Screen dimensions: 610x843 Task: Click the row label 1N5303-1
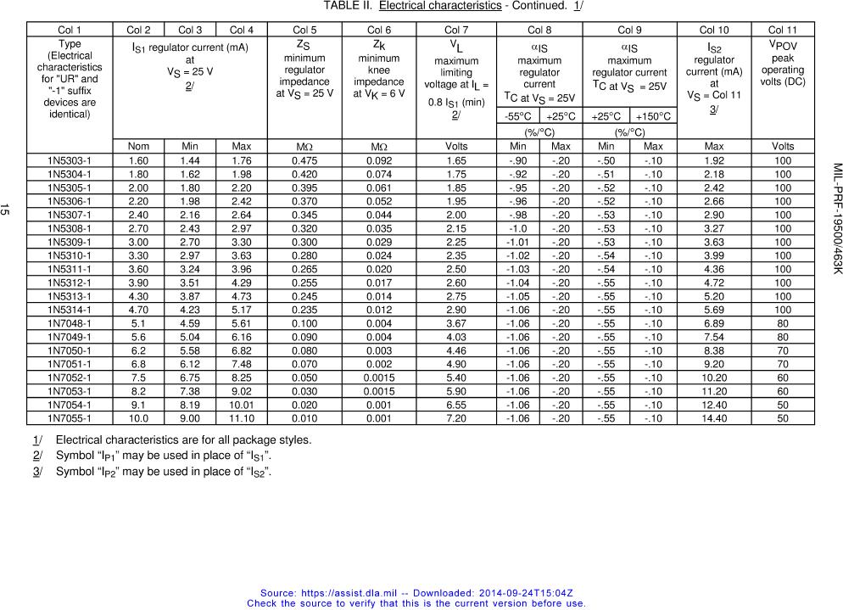tap(70, 160)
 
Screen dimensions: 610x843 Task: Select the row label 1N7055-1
tap(70, 418)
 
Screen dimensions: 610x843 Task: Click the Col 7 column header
tap(456, 30)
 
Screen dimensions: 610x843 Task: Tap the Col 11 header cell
tap(782, 30)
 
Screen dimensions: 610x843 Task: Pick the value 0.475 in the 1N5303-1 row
tap(304, 160)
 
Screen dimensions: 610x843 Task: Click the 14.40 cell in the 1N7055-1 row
tap(713, 418)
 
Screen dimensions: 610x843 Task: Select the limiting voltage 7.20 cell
tap(456, 418)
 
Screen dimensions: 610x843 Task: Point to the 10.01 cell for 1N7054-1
tap(241, 405)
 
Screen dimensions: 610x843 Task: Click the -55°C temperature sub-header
tap(517, 116)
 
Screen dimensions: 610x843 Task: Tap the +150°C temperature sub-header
tap(653, 116)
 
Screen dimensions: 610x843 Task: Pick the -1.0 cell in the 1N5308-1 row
tap(517, 228)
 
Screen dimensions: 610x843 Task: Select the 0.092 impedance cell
tap(379, 160)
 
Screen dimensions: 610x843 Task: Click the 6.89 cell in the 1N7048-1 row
tap(713, 323)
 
